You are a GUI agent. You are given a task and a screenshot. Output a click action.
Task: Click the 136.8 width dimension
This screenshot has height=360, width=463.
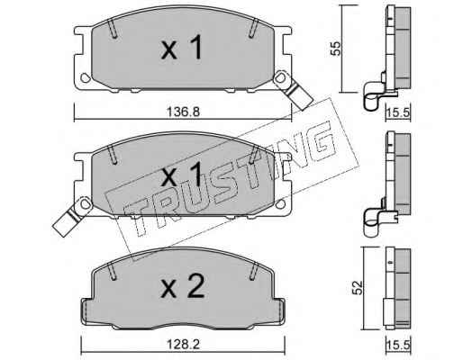pos(183,112)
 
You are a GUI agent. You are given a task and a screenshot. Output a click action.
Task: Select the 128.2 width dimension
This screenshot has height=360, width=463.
pos(184,344)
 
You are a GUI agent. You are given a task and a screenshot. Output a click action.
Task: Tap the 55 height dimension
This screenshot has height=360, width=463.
pos(335,49)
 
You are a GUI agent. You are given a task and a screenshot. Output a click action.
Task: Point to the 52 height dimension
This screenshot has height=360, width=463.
pos(358,288)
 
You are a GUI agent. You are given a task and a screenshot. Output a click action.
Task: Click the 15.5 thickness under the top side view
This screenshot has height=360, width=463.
pos(398,113)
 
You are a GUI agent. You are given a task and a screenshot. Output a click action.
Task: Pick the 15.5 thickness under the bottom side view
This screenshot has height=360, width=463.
pos(398,345)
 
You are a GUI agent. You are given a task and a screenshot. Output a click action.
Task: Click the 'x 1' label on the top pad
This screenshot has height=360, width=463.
pos(182,48)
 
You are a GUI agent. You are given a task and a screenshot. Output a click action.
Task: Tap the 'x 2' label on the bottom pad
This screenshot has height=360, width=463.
pos(183,285)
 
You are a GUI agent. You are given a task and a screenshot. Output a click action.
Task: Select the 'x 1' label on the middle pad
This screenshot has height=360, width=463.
pos(182,175)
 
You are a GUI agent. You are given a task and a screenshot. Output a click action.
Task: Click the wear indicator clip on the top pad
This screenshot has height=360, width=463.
pos(293,89)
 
